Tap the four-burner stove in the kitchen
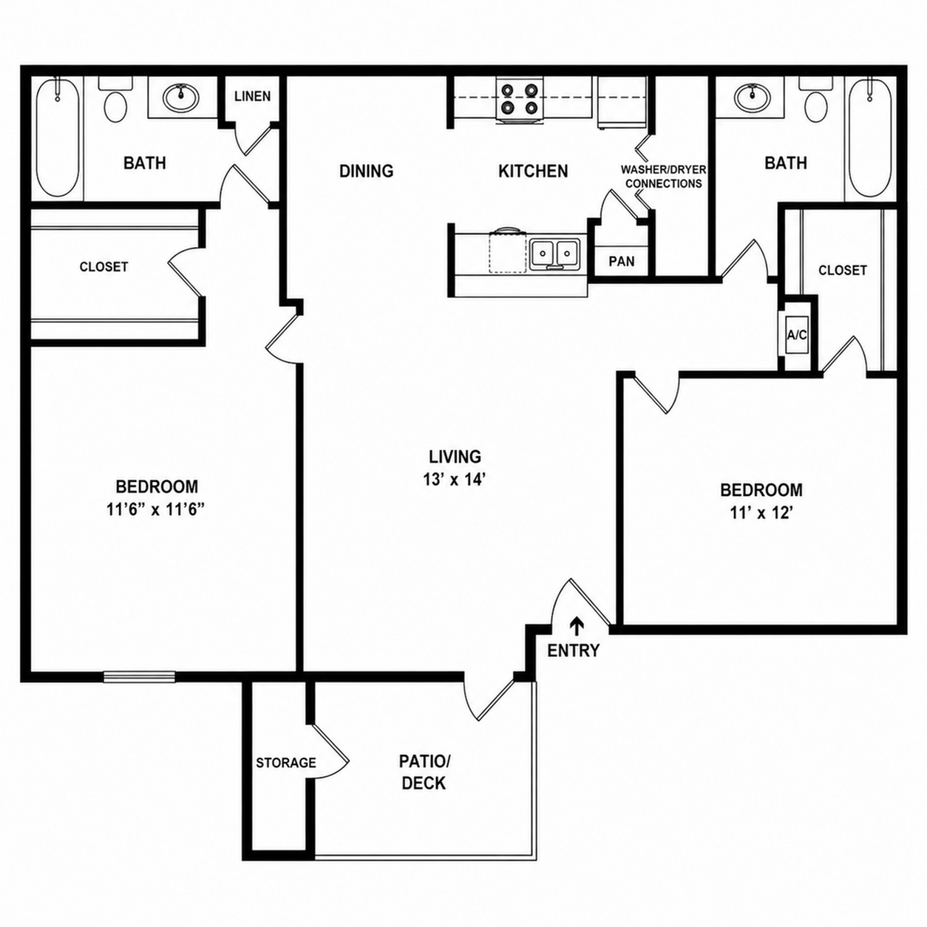pyautogui.click(x=520, y=101)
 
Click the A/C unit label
pyautogui.click(x=796, y=335)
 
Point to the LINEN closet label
pyautogui.click(x=253, y=96)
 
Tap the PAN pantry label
pyautogui.click(x=622, y=261)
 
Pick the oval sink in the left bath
pyautogui.click(x=180, y=98)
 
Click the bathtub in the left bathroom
pyautogui.click(x=58, y=137)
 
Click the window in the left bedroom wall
pyautogui.click(x=140, y=676)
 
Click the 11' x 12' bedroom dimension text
pyautogui.click(x=761, y=513)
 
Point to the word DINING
pyautogui.click(x=367, y=171)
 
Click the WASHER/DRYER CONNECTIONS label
pyautogui.click(x=663, y=177)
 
